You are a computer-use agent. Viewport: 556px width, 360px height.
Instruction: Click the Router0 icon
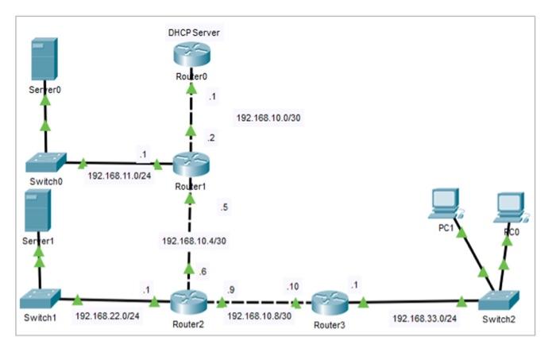coord(192,54)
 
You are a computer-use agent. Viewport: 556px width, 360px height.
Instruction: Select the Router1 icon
coord(191,164)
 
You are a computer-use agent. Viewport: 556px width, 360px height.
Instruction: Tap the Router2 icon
coord(188,302)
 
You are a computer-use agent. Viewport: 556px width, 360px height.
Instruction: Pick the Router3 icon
coord(330,303)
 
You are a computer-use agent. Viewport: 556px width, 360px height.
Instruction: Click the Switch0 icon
coord(46,163)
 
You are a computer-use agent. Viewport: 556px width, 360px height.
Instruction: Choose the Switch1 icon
coord(41,299)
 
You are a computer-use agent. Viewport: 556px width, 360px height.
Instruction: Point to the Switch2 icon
coord(499,301)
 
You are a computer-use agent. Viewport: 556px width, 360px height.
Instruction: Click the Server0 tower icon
coord(44,59)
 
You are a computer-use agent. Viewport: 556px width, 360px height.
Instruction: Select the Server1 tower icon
coord(37,211)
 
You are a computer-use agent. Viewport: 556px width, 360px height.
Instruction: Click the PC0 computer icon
coord(512,207)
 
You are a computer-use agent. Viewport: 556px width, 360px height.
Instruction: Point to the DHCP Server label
coord(194,33)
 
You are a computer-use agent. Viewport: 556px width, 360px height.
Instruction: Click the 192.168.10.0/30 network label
coord(268,118)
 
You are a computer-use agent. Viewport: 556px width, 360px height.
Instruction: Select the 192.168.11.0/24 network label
coord(119,176)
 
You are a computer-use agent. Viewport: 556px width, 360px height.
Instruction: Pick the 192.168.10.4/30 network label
coord(194,241)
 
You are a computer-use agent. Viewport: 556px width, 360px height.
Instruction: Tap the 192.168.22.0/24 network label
coord(107,315)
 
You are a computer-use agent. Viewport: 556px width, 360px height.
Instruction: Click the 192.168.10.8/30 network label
coord(259,315)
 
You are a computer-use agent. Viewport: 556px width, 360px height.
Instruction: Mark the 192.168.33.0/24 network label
coord(424,318)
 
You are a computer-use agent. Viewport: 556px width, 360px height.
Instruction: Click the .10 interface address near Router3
coord(293,286)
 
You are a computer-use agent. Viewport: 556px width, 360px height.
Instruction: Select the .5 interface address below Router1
coord(224,207)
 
